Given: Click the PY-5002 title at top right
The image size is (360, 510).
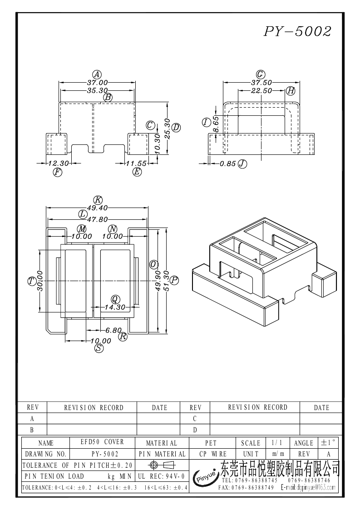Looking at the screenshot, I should (298, 32).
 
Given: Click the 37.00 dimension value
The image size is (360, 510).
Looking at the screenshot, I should (97, 83).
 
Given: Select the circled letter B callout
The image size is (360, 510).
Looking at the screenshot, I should (108, 97).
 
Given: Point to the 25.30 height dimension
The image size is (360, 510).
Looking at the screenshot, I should (168, 129).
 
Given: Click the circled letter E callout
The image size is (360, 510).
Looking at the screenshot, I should (137, 172).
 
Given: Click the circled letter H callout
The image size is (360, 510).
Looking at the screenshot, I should (291, 91).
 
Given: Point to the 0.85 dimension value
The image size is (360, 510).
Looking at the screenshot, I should (227, 163).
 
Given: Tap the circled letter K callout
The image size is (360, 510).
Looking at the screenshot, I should (98, 200).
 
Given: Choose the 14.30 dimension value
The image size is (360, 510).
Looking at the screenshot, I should (114, 307).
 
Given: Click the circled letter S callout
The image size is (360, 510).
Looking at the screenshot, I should (99, 348).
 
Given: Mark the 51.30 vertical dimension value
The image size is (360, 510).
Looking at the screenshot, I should (166, 281).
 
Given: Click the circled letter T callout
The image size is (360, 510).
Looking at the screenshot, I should (32, 281).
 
